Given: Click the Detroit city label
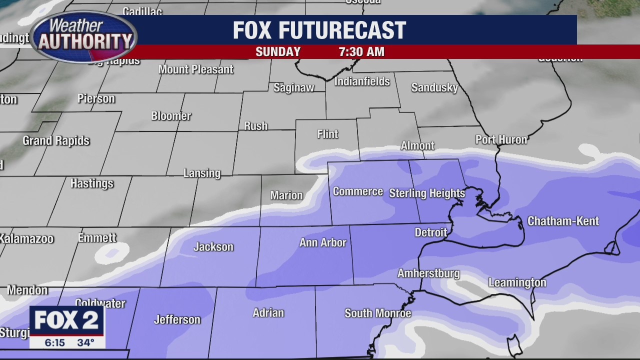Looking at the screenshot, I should pyautogui.click(x=431, y=232).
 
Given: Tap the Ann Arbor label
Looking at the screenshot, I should pyautogui.click(x=322, y=243).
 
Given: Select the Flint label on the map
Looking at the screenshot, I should pyautogui.click(x=327, y=134).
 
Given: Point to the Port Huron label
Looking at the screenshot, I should pyautogui.click(x=501, y=139).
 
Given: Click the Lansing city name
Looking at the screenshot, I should pyautogui.click(x=201, y=173).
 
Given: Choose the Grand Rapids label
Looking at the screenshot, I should pyautogui.click(x=56, y=141).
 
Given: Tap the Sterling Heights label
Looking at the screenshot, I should pyautogui.click(x=427, y=193).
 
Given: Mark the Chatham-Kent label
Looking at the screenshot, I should pyautogui.click(x=563, y=221).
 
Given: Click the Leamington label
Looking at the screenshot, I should pyautogui.click(x=517, y=283).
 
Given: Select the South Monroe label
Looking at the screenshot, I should pyautogui.click(x=377, y=313).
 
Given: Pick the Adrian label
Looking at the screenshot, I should pyautogui.click(x=268, y=313).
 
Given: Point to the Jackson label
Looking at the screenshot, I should pyautogui.click(x=213, y=247).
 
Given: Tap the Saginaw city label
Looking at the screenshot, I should pyautogui.click(x=294, y=87).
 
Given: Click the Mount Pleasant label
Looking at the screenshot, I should pyautogui.click(x=196, y=69).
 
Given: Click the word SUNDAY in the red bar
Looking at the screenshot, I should pyautogui.click(x=278, y=52).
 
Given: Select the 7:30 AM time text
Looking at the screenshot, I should pyautogui.click(x=361, y=52).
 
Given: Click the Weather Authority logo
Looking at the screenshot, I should pyautogui.click(x=83, y=36).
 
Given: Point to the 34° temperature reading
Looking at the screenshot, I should pyautogui.click(x=86, y=342).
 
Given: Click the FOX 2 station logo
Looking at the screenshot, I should pyautogui.click(x=66, y=320).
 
